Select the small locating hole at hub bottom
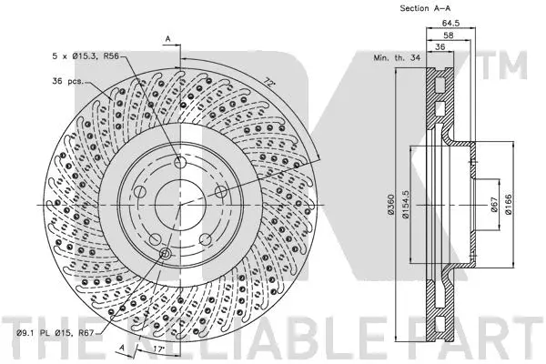click(165, 253)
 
